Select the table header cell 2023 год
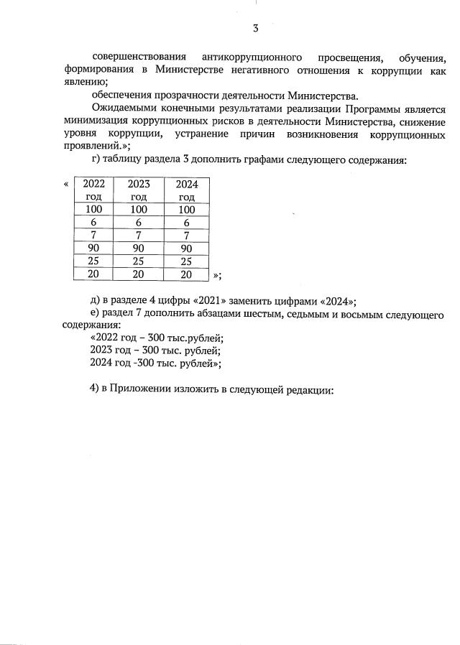coord(139,190)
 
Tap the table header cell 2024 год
coord(187,190)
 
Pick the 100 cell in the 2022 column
coord(94,209)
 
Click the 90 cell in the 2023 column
coord(139,248)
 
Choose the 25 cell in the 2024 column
coord(187,261)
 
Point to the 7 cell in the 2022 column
coord(94,235)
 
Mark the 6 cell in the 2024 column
coord(187,222)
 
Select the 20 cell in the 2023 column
coord(139,274)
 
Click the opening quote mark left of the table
coord(67,184)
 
